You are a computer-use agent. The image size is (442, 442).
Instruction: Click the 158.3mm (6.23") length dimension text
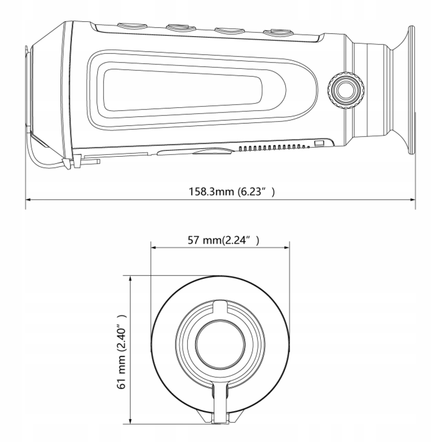[232, 192]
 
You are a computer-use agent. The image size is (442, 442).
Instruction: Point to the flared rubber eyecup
[404, 91]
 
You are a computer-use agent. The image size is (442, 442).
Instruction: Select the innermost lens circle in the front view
[221, 343]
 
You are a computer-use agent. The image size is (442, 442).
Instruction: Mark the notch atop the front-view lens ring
[220, 306]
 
